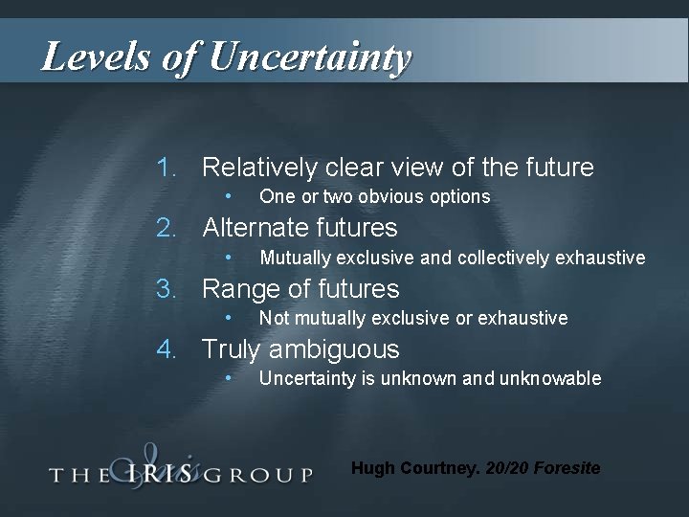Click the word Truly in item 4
[230, 349]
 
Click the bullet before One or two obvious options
[229, 196]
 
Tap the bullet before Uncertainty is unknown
[229, 377]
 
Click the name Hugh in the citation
[372, 469]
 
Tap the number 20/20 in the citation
[505, 469]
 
